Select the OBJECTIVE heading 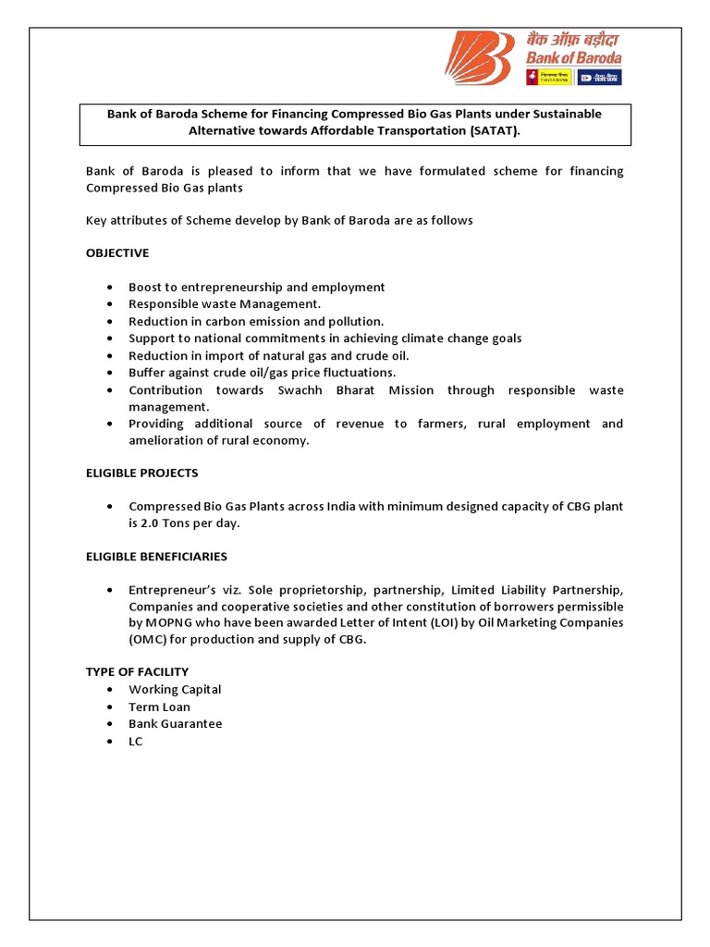point(117,252)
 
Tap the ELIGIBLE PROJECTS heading point(141,473)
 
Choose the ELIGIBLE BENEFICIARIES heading point(156,557)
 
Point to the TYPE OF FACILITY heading point(137,671)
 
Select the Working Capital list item point(175,689)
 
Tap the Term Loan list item point(159,707)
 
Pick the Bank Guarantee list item point(176,724)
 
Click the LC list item point(136,742)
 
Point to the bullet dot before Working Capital point(111,690)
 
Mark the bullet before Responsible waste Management point(111,304)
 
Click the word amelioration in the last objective point(166,440)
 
